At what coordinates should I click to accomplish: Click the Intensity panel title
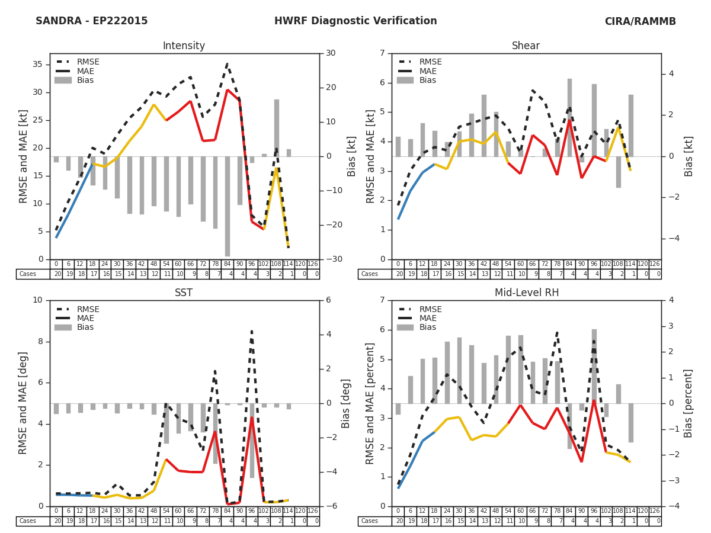coord(184,46)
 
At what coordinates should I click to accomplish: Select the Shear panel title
coord(526,46)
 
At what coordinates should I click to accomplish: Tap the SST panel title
coord(184,293)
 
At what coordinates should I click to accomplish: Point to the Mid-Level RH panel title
coord(526,293)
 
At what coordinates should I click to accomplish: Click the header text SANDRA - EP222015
coord(92,21)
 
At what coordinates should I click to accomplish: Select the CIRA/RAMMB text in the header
coord(640,22)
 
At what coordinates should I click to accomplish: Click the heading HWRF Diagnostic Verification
coord(355,21)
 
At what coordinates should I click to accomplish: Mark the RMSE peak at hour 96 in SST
coord(251,332)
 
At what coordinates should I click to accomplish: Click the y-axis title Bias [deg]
coord(345,403)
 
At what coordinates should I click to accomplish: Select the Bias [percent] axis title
coord(688,403)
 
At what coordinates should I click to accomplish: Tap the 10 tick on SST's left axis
coord(38,300)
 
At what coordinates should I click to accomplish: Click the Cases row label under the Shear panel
coord(369,274)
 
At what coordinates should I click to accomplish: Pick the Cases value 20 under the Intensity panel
coord(56,274)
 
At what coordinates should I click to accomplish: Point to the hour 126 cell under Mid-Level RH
coord(655,511)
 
